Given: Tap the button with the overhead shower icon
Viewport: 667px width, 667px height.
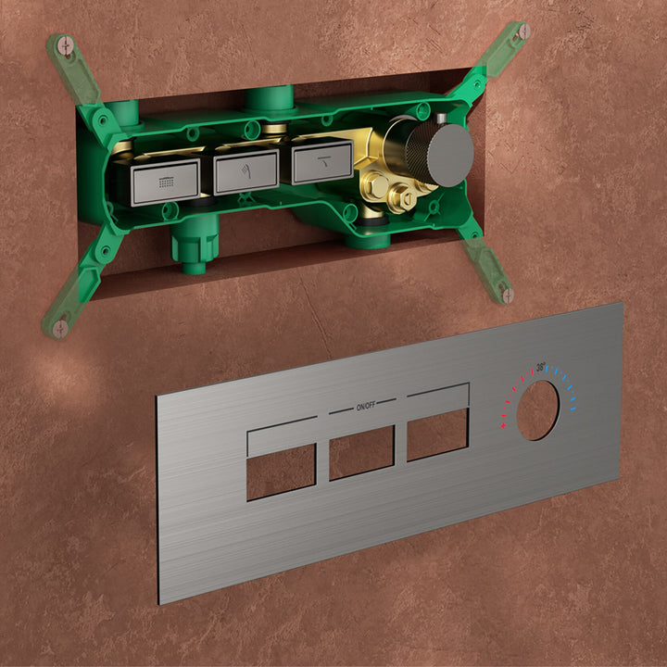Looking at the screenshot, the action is pyautogui.click(x=166, y=182).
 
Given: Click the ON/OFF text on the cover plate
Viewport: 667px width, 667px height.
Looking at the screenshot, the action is pyautogui.click(x=366, y=407).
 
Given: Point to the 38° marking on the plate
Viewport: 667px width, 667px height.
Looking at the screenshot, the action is pyautogui.click(x=541, y=367).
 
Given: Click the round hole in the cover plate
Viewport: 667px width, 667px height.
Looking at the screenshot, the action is pyautogui.click(x=537, y=410).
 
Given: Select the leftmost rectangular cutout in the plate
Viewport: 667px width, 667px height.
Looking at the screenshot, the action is pyautogui.click(x=282, y=472).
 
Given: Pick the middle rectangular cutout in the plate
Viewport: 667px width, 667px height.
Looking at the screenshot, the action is pyautogui.click(x=361, y=453).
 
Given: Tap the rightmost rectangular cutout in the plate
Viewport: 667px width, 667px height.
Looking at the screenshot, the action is pyautogui.click(x=437, y=434).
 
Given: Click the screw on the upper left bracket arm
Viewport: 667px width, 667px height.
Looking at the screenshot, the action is pyautogui.click(x=66, y=45).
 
